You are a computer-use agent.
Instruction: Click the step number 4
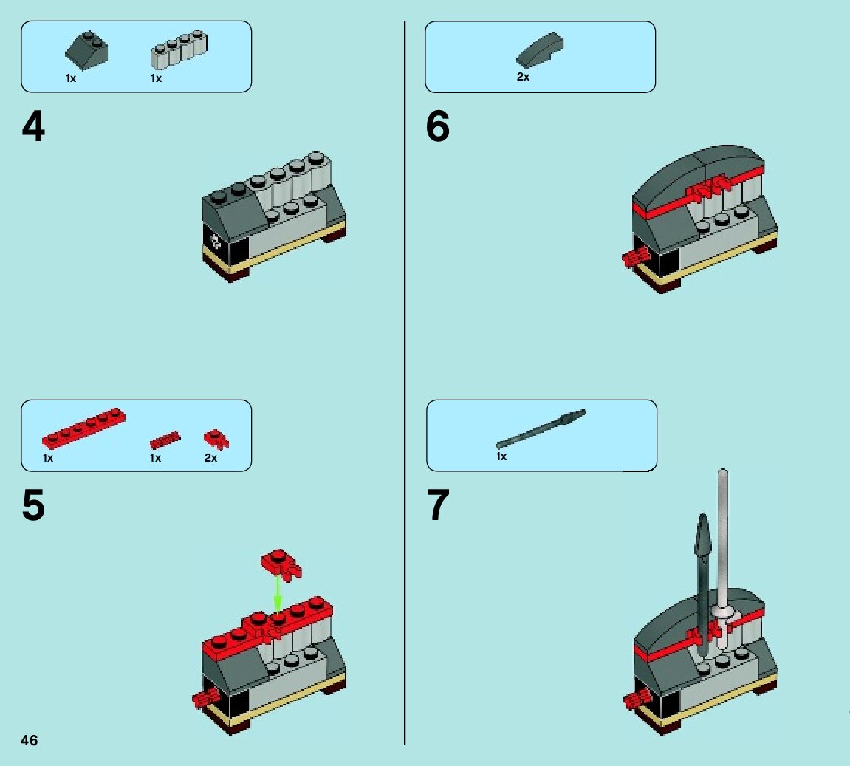coord(33,127)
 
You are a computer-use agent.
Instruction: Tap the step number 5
coord(33,506)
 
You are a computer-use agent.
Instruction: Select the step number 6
coord(437,127)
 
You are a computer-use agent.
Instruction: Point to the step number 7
coord(438,506)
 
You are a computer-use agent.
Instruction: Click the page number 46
coord(30,740)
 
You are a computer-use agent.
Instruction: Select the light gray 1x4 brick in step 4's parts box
coord(178,49)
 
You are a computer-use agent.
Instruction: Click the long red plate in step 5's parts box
coord(83,429)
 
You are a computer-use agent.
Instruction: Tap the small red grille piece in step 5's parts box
coord(165,441)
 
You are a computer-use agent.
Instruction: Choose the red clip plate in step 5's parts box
coord(216,440)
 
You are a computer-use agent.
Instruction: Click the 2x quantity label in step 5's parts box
coord(210,458)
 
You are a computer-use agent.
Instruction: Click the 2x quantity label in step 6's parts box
coord(523,77)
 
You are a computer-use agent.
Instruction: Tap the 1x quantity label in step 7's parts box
coord(501,456)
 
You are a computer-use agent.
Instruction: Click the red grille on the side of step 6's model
coord(635,258)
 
